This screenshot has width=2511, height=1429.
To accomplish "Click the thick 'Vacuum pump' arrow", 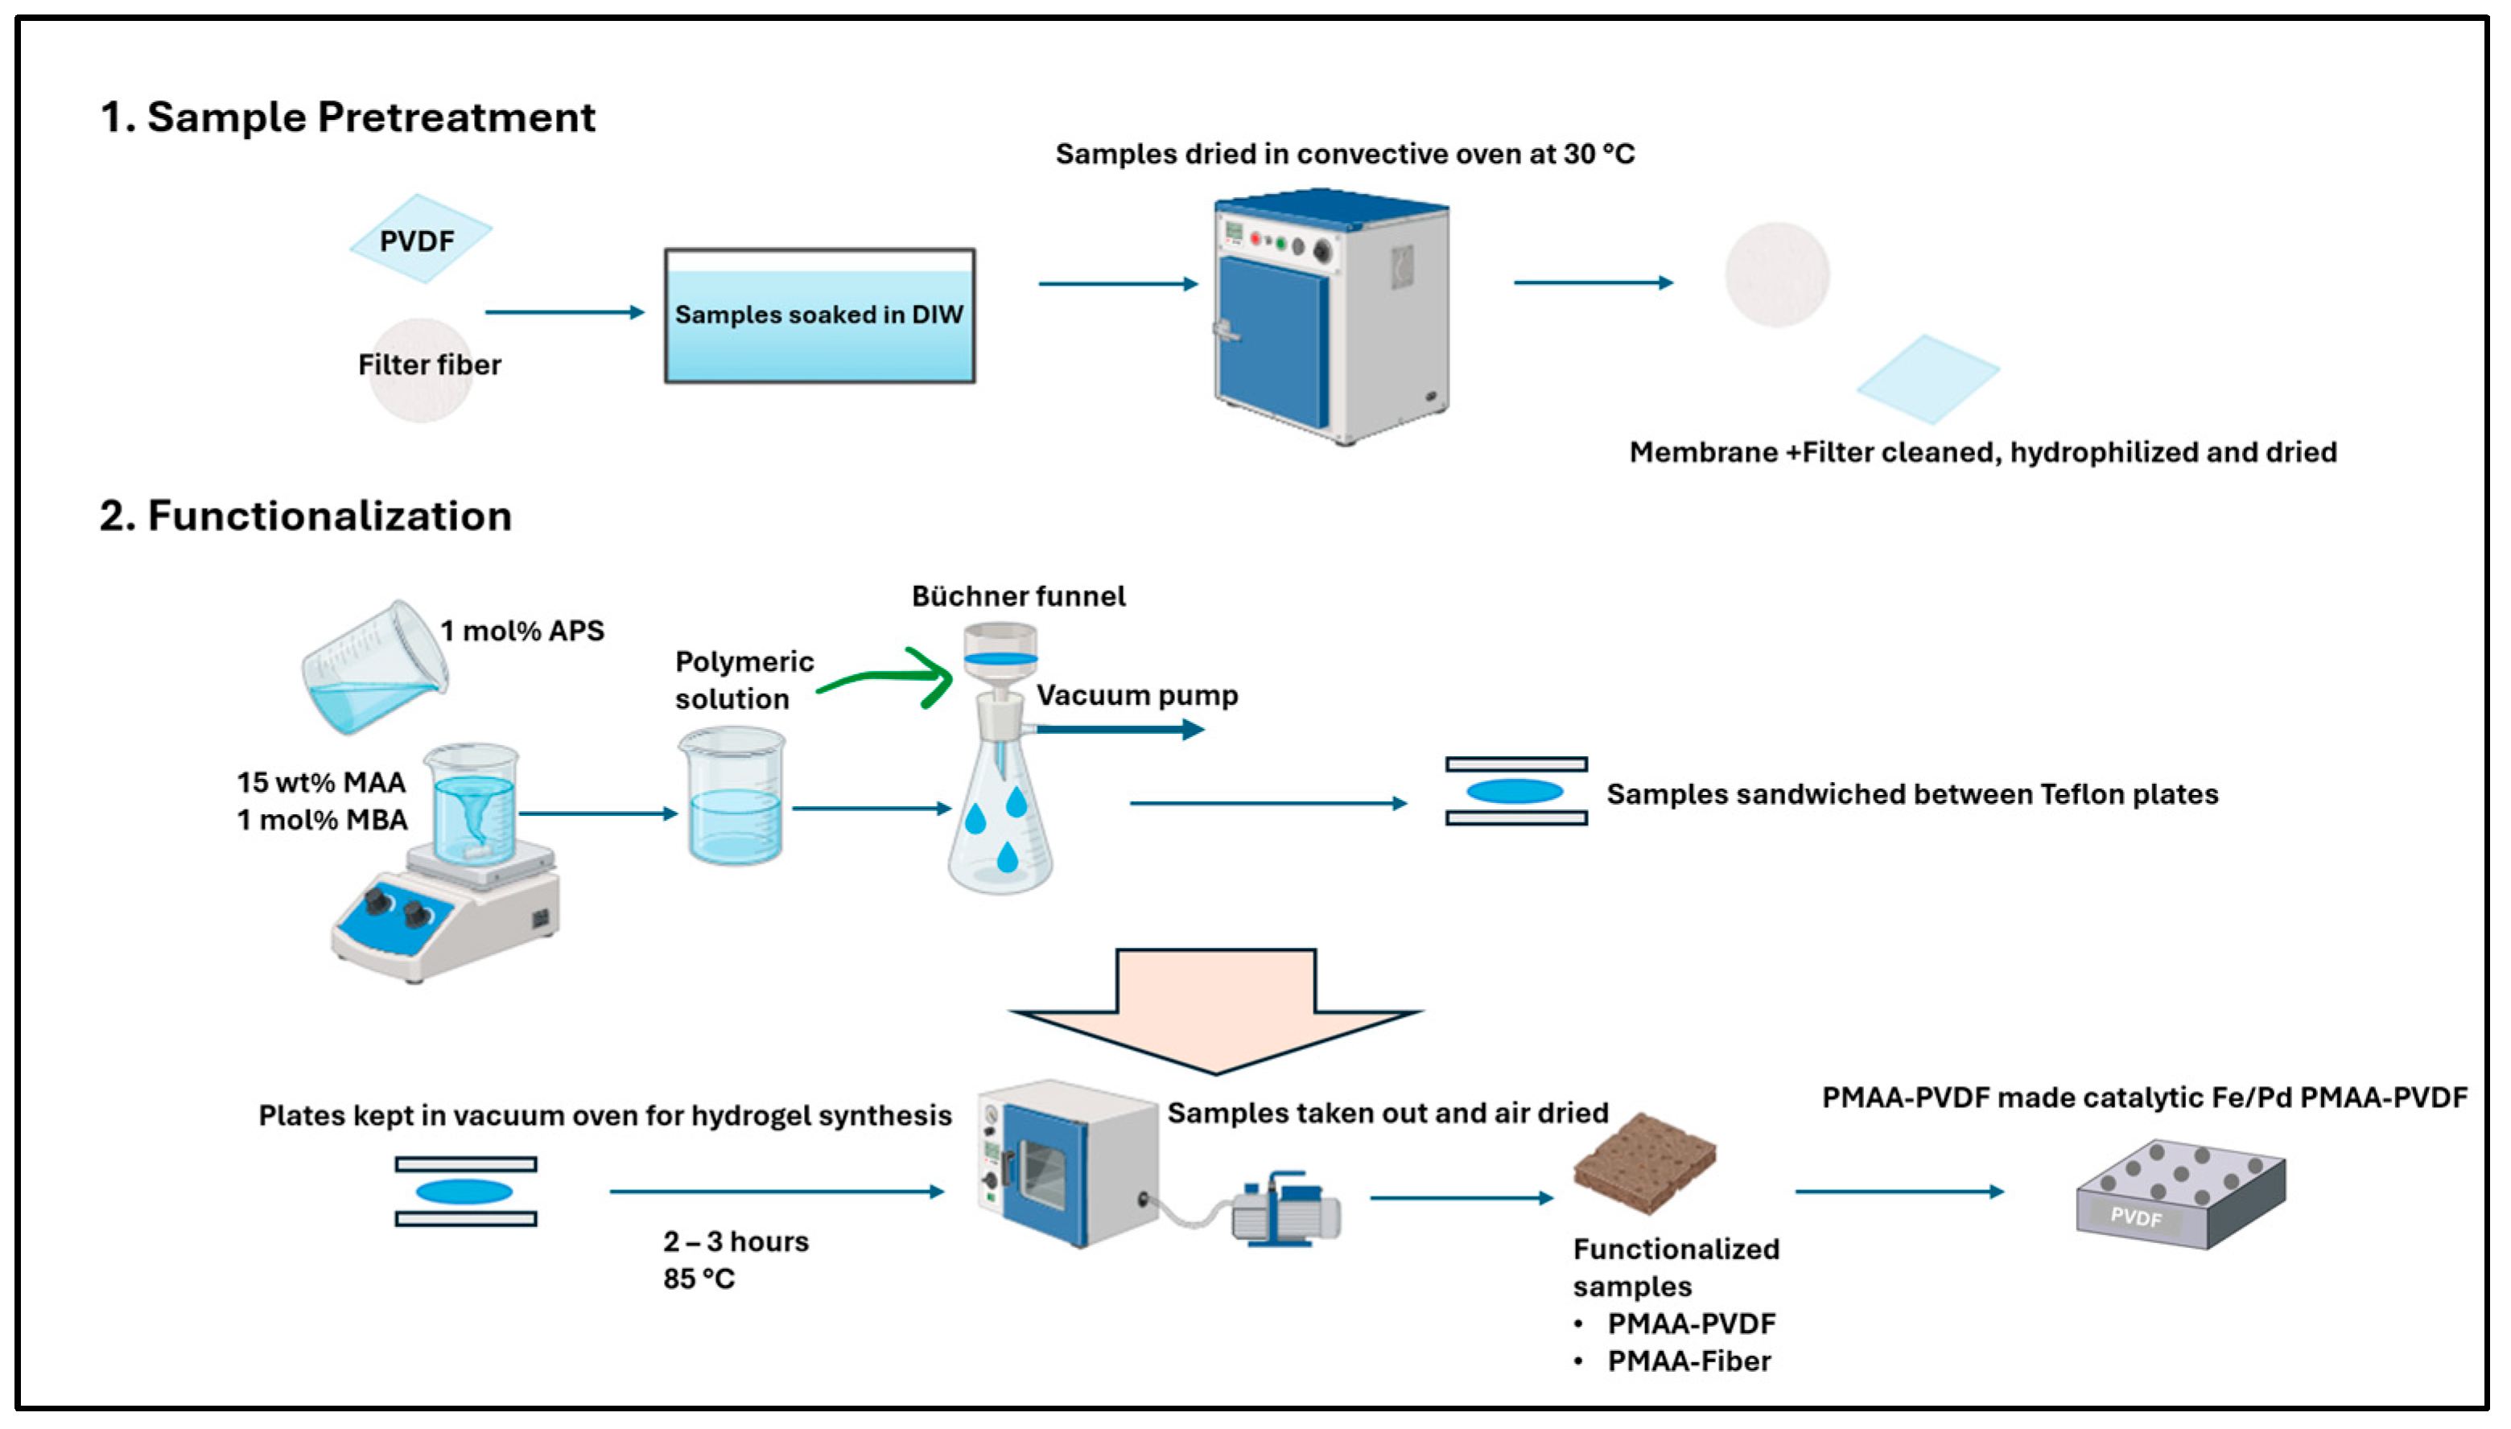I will pyautogui.click(x=1119, y=729).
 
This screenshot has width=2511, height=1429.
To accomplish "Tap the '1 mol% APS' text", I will pyautogui.click(x=522, y=631).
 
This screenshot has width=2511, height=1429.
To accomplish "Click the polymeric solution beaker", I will pyautogui.click(x=732, y=797).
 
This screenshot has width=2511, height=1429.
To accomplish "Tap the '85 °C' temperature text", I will pyautogui.click(x=699, y=1279).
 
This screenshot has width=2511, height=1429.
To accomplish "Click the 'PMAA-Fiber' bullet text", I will pyautogui.click(x=1688, y=1361).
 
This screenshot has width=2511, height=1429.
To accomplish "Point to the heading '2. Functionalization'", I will pyautogui.click(x=305, y=517).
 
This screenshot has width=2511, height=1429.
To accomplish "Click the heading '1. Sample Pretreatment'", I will pyautogui.click(x=348, y=117).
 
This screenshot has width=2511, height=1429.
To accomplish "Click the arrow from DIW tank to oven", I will pyautogui.click(x=1118, y=284).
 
